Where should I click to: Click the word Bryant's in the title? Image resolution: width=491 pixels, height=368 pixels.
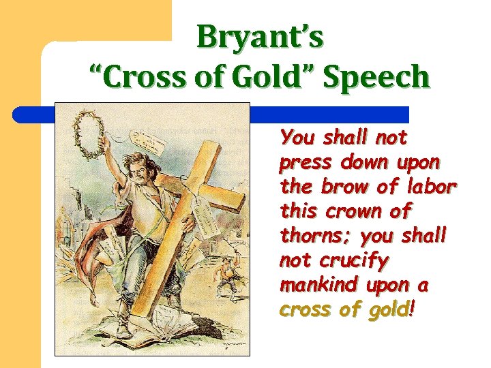click(260, 37)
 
